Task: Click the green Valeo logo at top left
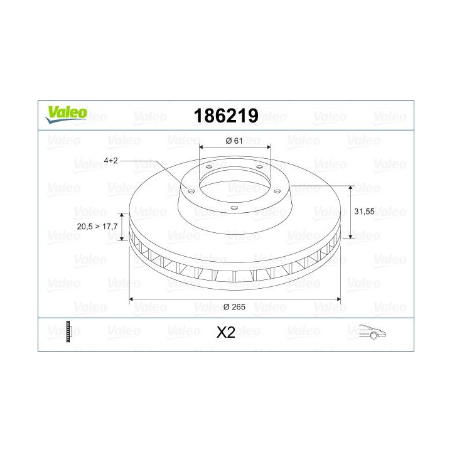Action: (x=65, y=113)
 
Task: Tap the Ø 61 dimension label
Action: (x=234, y=141)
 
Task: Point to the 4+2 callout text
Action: (x=110, y=161)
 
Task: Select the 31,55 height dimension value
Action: (x=365, y=212)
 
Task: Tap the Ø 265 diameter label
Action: (x=234, y=306)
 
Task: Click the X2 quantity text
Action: (x=225, y=333)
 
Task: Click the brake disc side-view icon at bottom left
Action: (x=69, y=331)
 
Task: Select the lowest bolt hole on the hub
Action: (x=234, y=208)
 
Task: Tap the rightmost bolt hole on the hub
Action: (x=276, y=190)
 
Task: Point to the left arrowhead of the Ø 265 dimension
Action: (x=132, y=299)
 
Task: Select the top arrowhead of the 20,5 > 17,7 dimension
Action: (x=123, y=215)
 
